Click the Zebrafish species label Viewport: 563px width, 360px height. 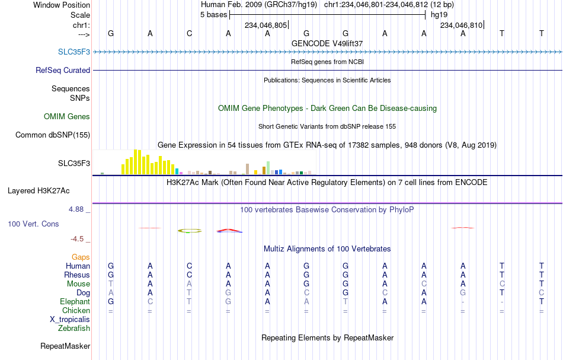(74, 328)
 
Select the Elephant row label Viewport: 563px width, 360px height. (75, 301)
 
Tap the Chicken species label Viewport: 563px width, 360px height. (76, 310)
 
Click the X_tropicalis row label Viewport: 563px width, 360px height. (70, 320)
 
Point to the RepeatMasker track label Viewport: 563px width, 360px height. (65, 346)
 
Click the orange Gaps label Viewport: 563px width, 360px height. (81, 257)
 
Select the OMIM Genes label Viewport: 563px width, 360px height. (67, 116)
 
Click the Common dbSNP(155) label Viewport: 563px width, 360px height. (53, 135)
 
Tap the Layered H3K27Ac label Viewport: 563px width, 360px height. (39, 191)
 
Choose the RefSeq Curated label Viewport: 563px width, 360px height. (63, 70)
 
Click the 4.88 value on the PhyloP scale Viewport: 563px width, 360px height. (76, 209)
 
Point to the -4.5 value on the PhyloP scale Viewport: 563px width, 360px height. (77, 239)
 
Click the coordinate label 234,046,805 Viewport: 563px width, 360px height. (265, 25)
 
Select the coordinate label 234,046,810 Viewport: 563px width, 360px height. (462, 25)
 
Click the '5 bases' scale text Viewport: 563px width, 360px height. (213, 15)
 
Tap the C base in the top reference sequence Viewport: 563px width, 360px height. (189, 33)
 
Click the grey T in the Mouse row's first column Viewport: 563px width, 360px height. (111, 284)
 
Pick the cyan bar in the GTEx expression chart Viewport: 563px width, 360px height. (177, 171)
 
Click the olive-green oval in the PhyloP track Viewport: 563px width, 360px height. (190, 231)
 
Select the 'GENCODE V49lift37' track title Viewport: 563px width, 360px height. (327, 43)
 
